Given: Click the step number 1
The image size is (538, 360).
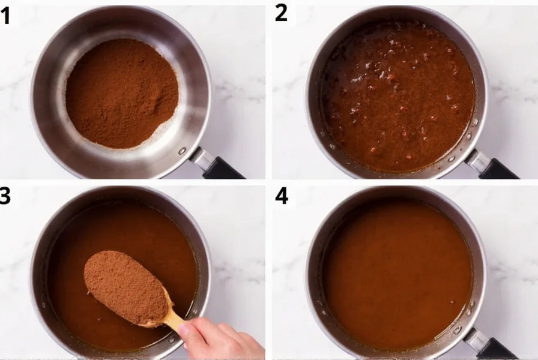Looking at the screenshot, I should tap(6, 16).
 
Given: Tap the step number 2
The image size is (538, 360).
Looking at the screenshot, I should tap(281, 13).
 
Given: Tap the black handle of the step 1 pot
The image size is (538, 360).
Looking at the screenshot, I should tap(222, 168).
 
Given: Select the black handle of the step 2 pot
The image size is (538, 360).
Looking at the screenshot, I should tap(498, 169).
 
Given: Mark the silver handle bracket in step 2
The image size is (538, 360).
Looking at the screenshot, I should tap(478, 158).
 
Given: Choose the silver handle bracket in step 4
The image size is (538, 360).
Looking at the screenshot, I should tap(478, 339).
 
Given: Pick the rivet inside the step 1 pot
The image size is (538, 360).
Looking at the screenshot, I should tap(182, 151).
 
